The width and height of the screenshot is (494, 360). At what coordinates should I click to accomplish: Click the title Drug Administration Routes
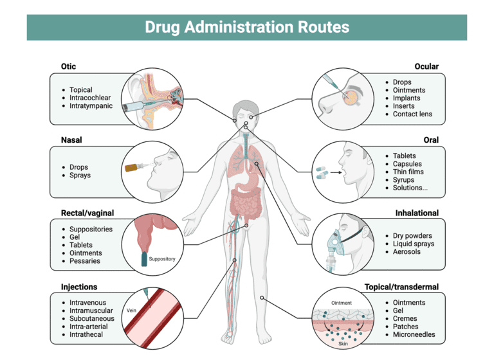[247, 28]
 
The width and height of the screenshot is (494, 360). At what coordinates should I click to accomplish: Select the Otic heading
[69, 66]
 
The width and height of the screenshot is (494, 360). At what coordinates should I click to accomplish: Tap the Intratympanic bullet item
[91, 105]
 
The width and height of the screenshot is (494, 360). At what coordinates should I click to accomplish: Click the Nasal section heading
[71, 139]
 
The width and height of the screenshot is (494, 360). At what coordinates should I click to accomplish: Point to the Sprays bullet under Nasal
[80, 175]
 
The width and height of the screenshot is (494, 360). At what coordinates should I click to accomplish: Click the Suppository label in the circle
[161, 259]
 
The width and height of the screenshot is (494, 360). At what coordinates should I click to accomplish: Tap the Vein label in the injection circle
[132, 309]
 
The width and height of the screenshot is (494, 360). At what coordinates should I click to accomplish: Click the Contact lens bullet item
[412, 114]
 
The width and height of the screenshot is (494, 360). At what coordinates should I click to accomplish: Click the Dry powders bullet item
[412, 236]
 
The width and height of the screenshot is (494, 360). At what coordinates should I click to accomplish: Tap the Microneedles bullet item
[414, 334]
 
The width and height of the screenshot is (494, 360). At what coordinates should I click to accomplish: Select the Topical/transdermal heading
[401, 287]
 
